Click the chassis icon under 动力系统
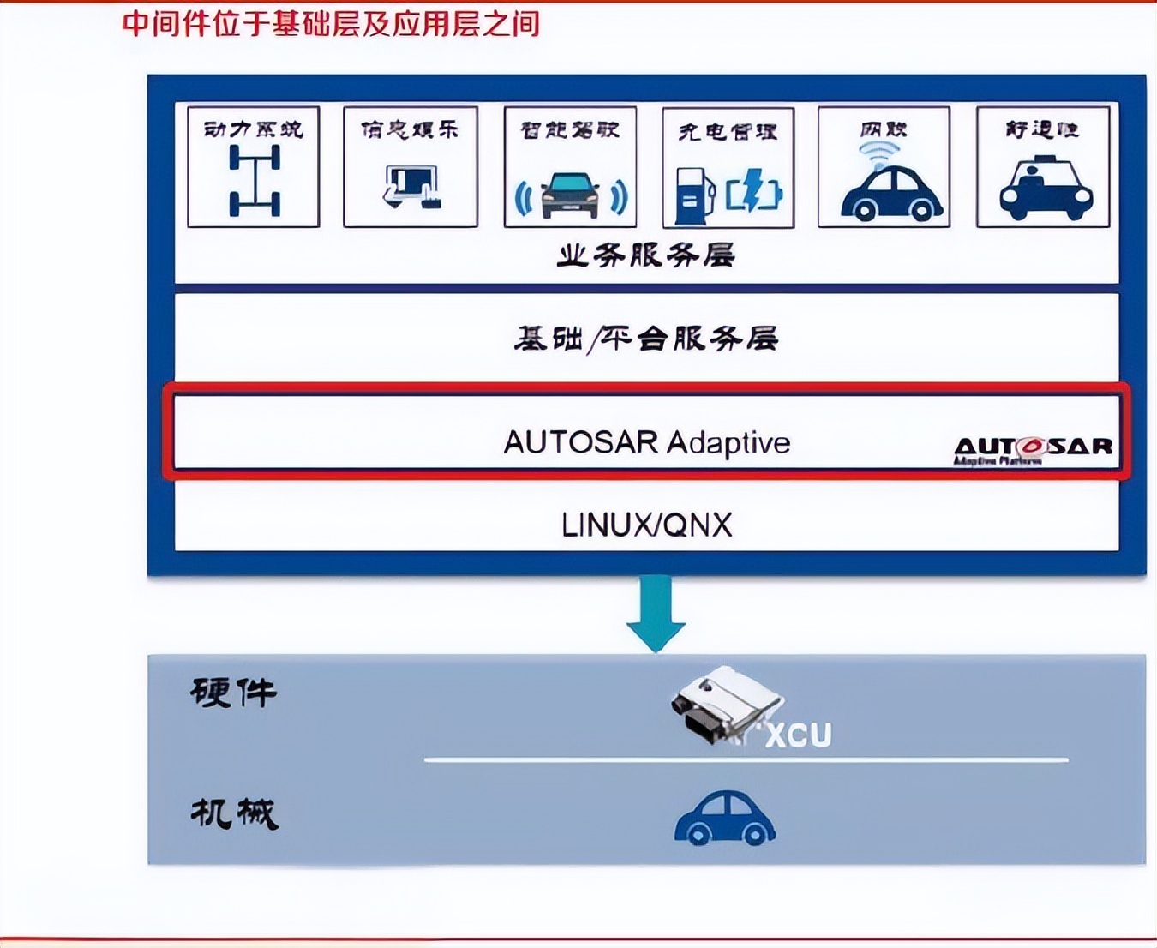tap(254, 180)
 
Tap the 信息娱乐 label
tap(410, 129)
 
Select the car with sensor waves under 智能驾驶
tap(571, 194)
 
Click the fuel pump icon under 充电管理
tap(695, 194)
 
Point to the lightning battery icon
tap(754, 190)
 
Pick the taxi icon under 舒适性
tap(1045, 189)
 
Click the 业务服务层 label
tap(646, 255)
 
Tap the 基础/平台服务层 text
tap(646, 339)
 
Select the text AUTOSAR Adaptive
tap(646, 442)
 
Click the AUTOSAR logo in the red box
tap(1033, 447)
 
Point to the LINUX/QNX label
tap(646, 525)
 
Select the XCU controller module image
tap(724, 705)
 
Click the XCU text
tap(798, 735)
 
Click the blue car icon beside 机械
tap(725, 819)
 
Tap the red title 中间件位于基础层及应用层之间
tap(331, 23)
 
